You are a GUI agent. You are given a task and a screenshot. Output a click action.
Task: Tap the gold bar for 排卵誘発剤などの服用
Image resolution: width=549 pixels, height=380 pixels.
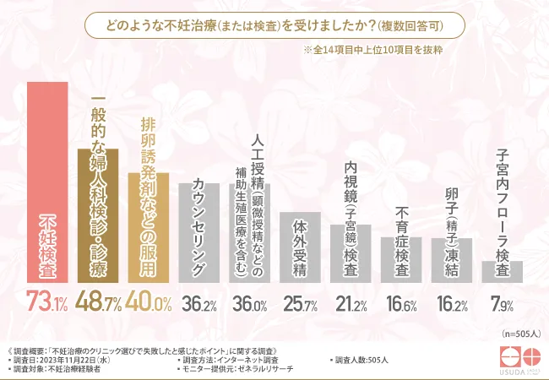pyautogui.click(x=149, y=228)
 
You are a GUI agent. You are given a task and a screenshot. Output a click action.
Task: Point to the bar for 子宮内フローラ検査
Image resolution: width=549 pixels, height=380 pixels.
pyautogui.click(x=502, y=271)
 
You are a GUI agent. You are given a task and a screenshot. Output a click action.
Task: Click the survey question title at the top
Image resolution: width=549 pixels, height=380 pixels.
pyautogui.click(x=274, y=26)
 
